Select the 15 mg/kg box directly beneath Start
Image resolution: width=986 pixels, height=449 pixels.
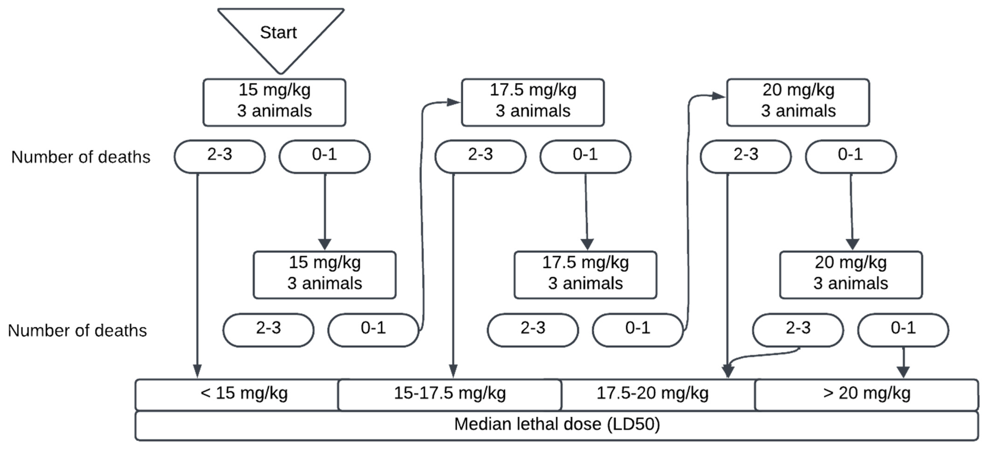[274, 102]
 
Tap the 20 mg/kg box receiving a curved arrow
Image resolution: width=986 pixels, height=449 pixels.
[798, 102]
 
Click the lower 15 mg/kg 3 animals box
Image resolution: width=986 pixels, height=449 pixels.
[324, 275]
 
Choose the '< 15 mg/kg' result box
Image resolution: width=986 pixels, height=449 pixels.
[243, 394]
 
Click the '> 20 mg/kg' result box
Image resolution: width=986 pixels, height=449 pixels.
[866, 394]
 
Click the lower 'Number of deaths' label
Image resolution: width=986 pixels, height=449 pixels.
[77, 331]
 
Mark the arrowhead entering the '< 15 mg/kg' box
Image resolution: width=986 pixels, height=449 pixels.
[197, 371]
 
